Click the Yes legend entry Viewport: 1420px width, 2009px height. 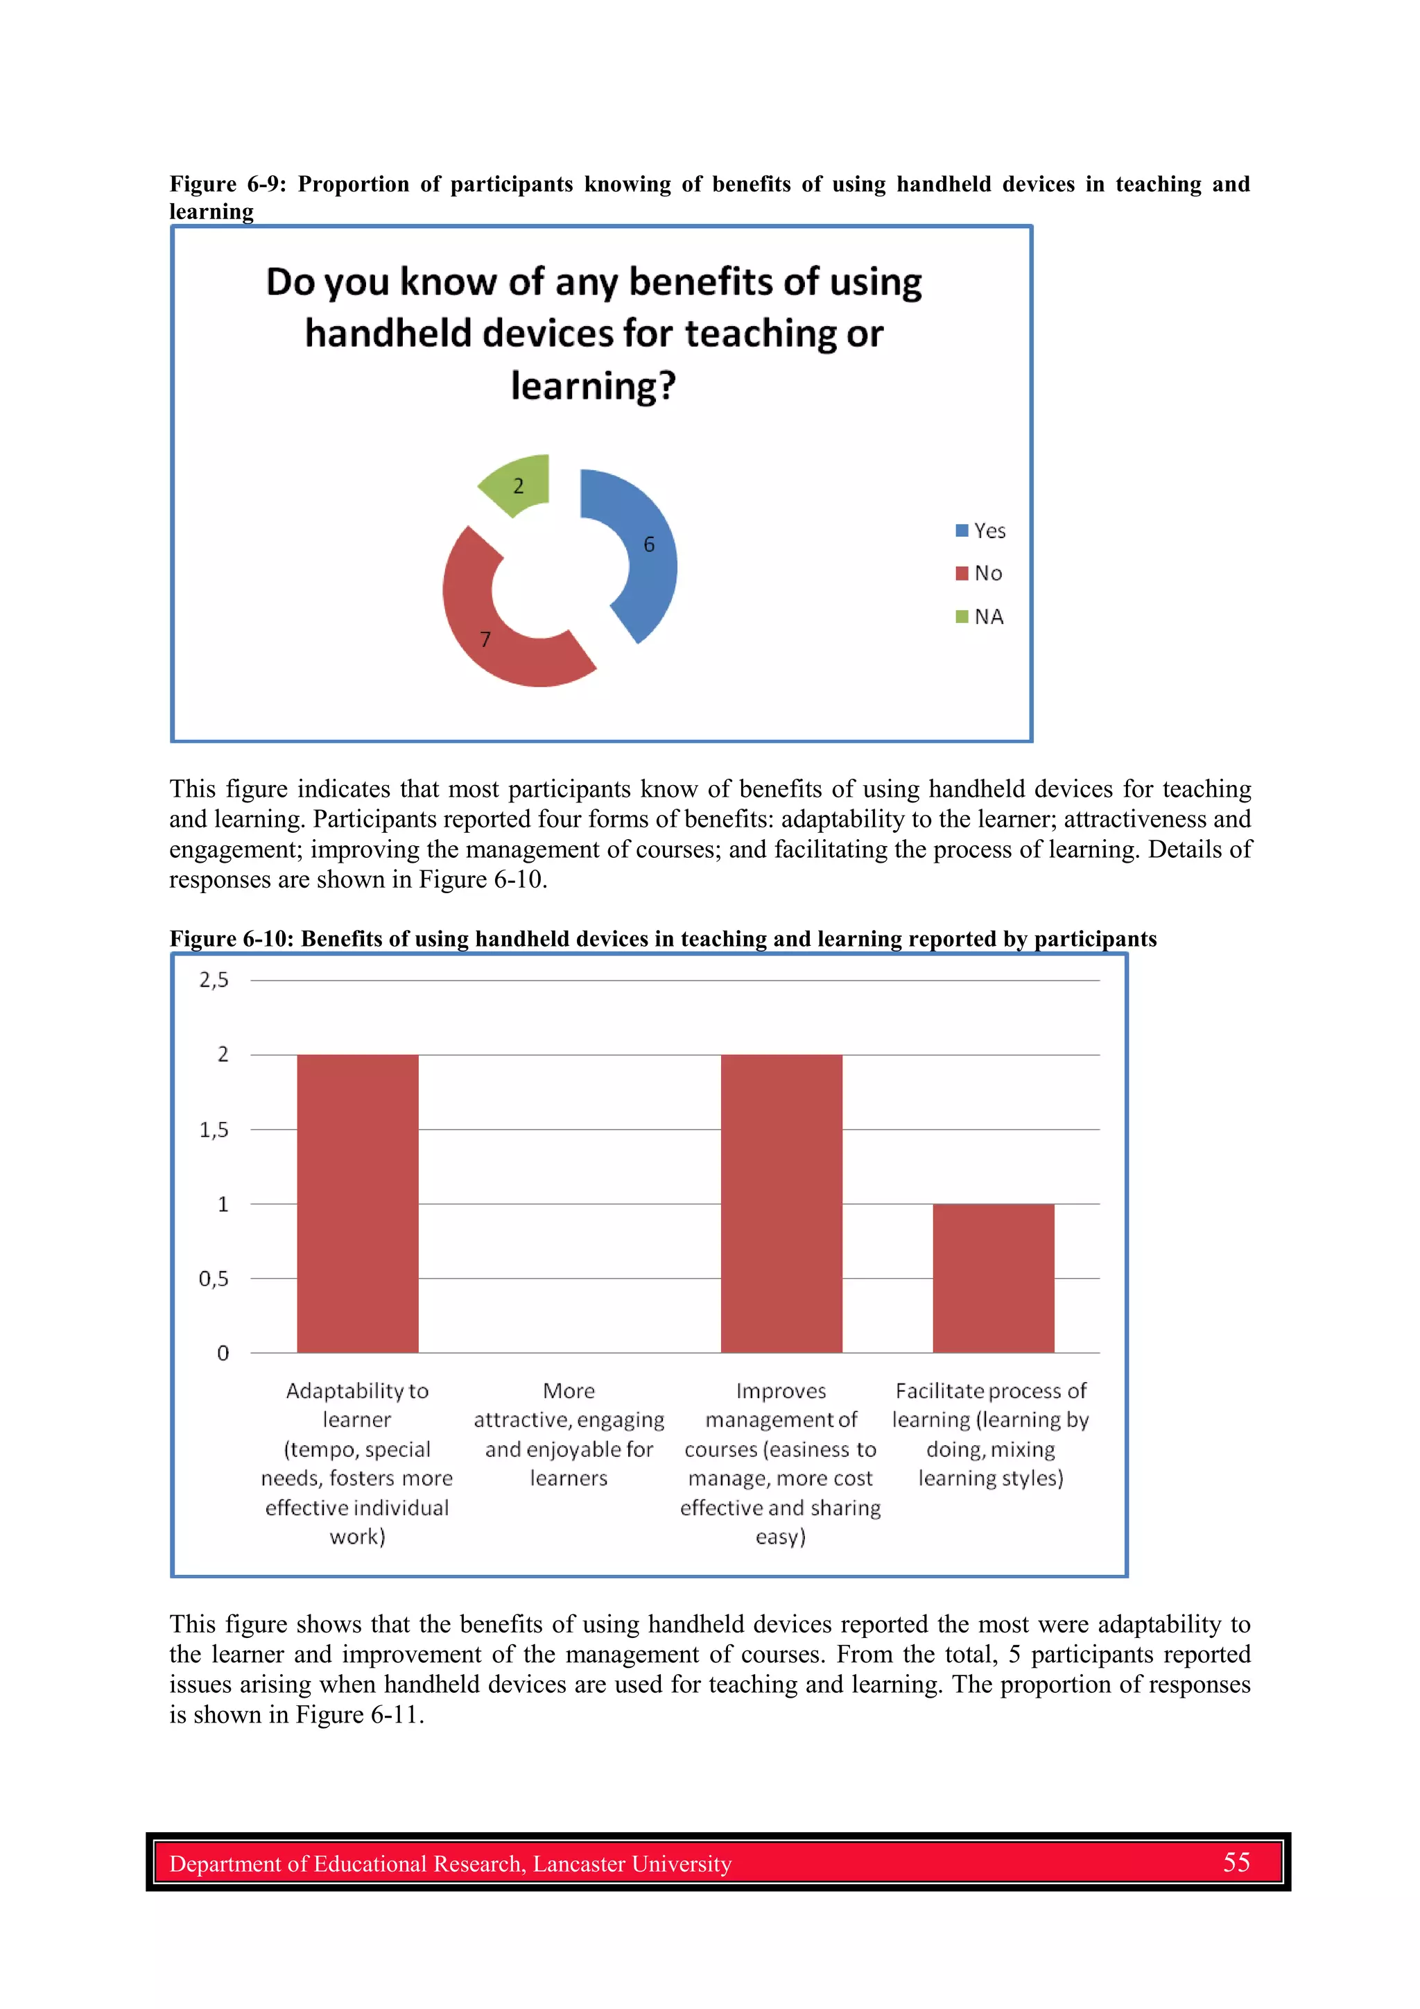pos(981,531)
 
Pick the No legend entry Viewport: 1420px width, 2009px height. pos(979,573)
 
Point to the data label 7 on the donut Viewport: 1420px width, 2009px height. pos(485,639)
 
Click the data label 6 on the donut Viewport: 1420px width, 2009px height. pos(649,544)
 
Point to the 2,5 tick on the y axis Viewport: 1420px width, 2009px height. pos(214,980)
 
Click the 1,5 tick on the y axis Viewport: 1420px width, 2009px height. pos(214,1130)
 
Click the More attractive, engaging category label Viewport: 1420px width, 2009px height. pos(569,1434)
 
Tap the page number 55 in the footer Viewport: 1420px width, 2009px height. pos(1236,1862)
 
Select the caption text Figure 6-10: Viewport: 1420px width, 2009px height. pos(231,939)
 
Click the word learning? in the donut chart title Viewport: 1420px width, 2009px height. pos(594,386)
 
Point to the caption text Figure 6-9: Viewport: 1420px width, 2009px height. pos(227,184)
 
